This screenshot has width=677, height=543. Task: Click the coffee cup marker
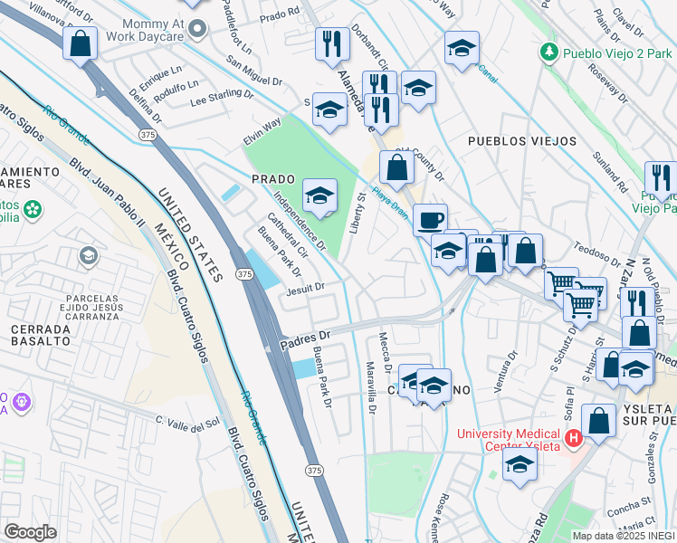tap(430, 219)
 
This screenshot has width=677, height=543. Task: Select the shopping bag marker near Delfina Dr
tap(81, 43)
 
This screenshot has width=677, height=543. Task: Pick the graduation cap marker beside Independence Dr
tap(319, 195)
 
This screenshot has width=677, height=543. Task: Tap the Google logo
tap(30, 531)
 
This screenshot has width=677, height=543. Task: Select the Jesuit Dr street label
tap(305, 289)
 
